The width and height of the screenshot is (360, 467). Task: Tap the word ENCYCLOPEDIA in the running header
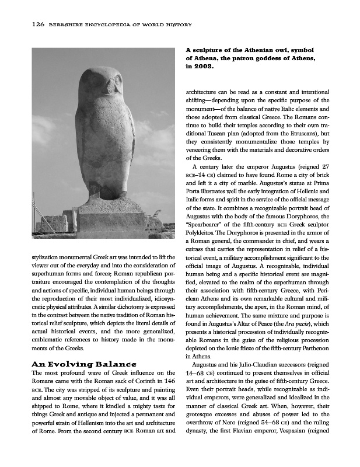coord(103,25)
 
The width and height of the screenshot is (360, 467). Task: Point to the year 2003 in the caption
coord(204,67)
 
